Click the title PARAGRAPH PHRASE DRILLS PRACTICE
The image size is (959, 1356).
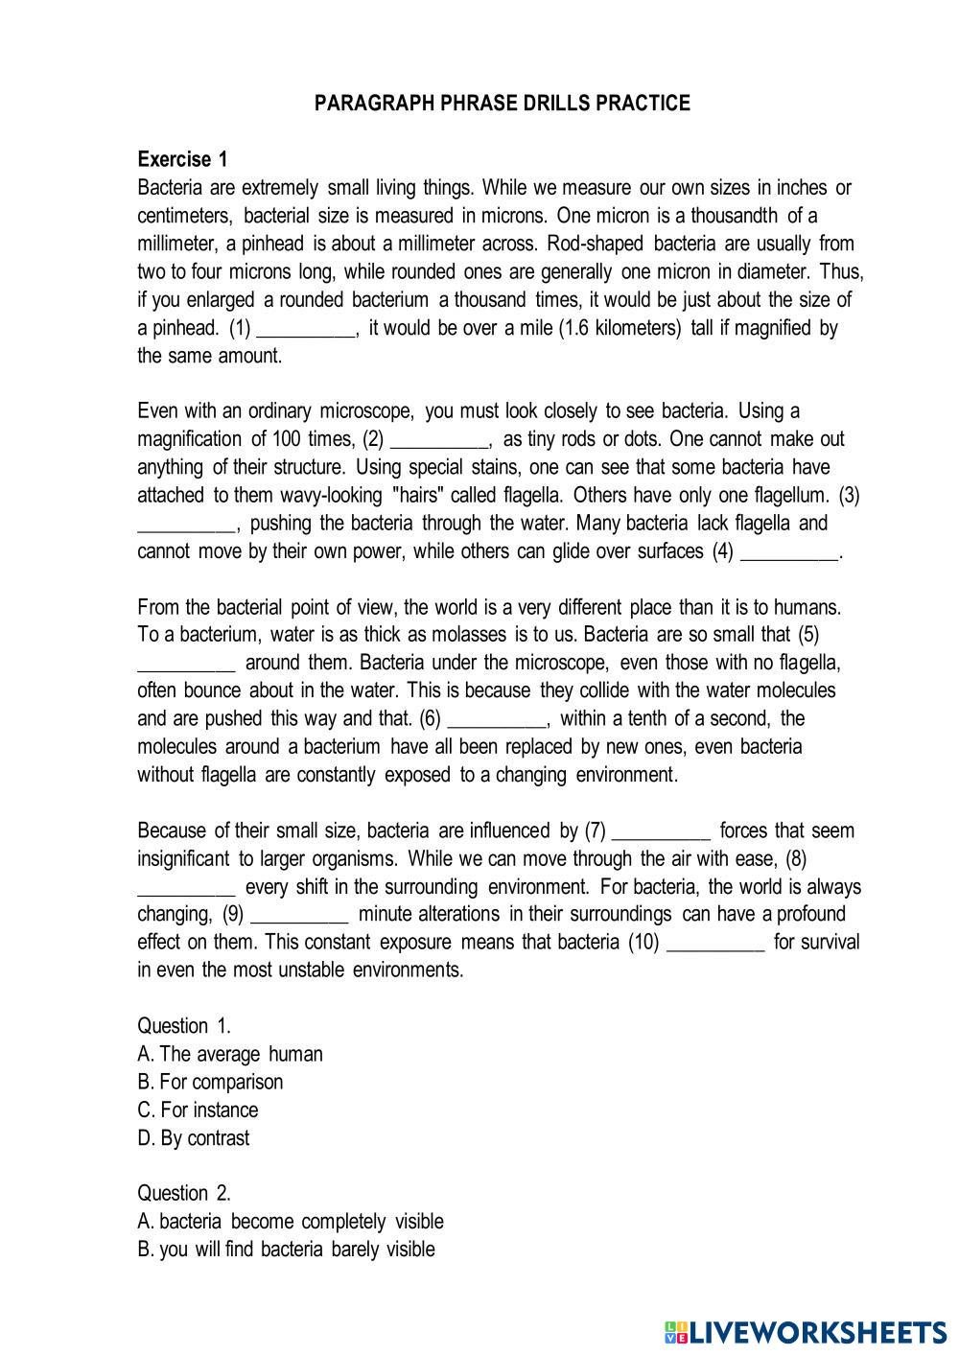[x=502, y=104]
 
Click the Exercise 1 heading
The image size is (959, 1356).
[x=182, y=159]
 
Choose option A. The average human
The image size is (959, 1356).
[x=230, y=1054]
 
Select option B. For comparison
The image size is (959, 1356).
[x=210, y=1082]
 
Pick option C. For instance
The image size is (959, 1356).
[x=198, y=1110]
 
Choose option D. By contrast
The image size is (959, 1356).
[x=194, y=1138]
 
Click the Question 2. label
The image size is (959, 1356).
[x=184, y=1193]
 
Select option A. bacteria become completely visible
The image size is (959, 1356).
[x=291, y=1221]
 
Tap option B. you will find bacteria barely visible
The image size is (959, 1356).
[x=286, y=1249]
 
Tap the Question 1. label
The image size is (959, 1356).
[x=184, y=1025]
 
